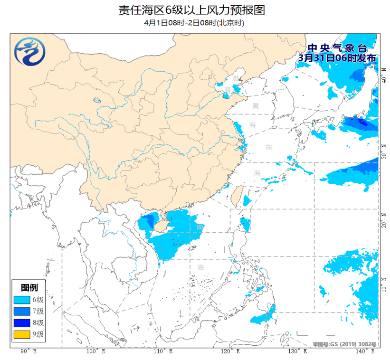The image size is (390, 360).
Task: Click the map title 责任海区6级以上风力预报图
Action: [x=194, y=10]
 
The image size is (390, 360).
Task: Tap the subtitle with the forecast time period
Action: [x=194, y=23]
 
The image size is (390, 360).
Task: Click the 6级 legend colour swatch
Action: [x=22, y=300]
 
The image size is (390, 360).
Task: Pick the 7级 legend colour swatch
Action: [x=22, y=311]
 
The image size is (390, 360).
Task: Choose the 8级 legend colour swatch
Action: [x=22, y=323]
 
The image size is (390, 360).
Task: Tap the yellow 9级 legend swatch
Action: [x=22, y=334]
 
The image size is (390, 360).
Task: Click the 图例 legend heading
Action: [x=29, y=288]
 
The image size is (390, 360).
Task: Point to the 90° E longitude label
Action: [x=25, y=351]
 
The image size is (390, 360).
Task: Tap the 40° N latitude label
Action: [x=384, y=76]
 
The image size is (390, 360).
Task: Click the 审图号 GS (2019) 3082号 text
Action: [x=344, y=344]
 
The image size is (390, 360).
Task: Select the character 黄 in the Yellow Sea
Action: [x=256, y=105]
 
